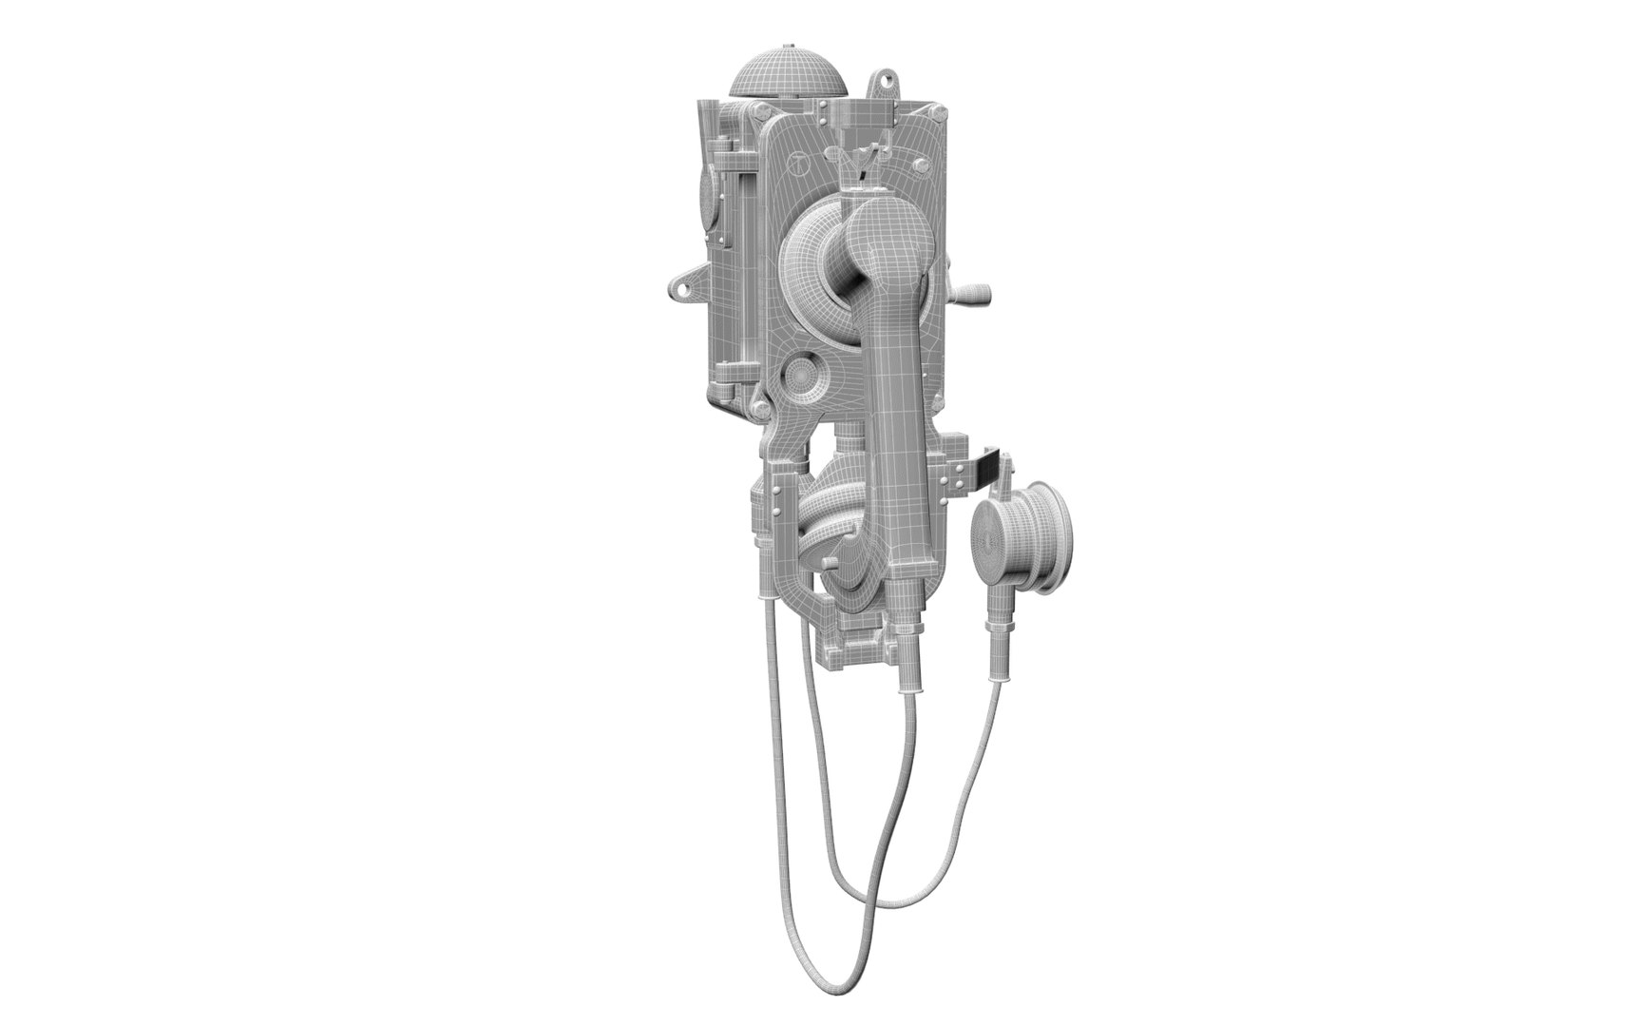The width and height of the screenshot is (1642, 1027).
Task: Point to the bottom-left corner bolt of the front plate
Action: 761,408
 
